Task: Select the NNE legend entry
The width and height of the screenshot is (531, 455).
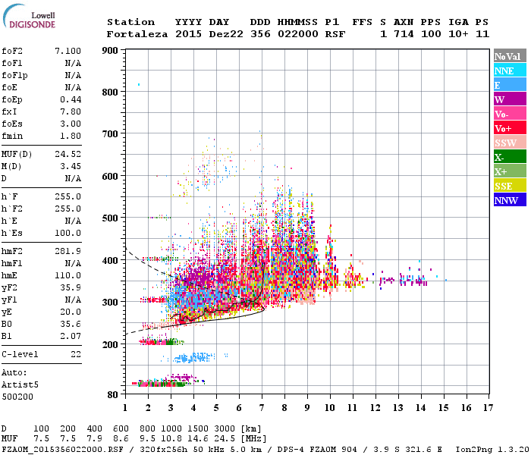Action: pos(510,71)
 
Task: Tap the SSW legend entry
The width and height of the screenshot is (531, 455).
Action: pos(510,143)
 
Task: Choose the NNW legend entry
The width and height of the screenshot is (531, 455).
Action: pos(510,200)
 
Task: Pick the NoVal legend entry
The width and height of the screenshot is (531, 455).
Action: pos(510,56)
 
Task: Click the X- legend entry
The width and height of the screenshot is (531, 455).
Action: pos(510,157)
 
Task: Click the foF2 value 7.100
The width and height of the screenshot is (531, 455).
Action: pos(68,51)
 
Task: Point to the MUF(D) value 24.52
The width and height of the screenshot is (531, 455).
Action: pos(68,153)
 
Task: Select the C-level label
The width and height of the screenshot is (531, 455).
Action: pos(20,354)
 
